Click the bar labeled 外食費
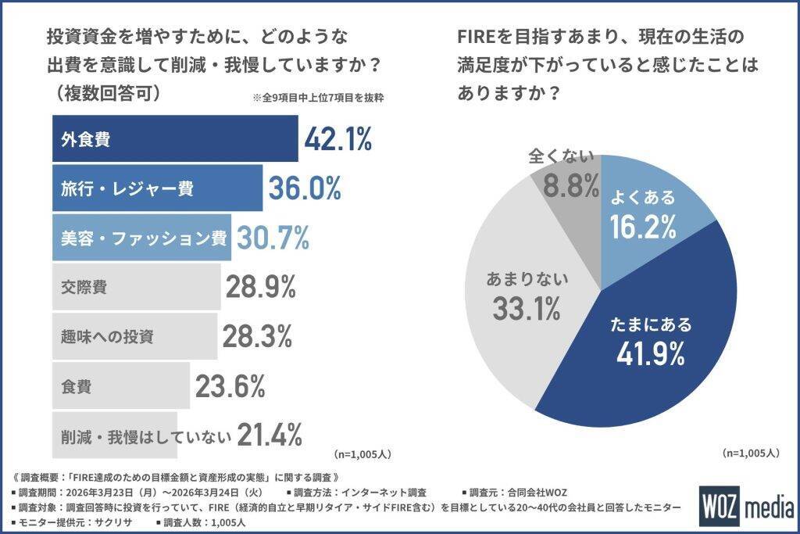coord(175,139)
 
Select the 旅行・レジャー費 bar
coord(157,188)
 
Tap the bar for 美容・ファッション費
coord(141,238)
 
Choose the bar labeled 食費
coord(121,386)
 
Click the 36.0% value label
coord(305,188)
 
